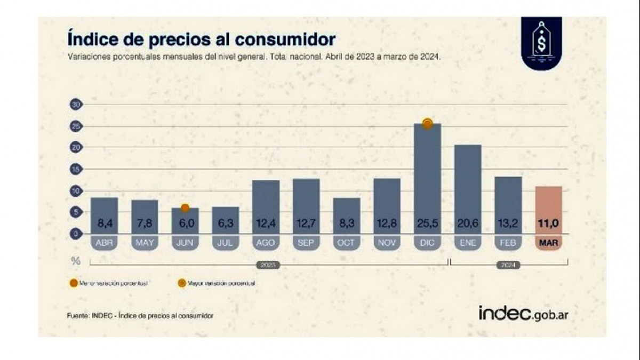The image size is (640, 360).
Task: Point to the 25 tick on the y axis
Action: [75, 126]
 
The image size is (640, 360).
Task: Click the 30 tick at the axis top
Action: [75, 105]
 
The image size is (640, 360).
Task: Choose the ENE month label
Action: [468, 243]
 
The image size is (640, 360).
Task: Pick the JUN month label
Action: [185, 243]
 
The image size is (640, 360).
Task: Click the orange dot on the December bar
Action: [427, 124]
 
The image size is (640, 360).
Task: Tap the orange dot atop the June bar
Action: [185, 208]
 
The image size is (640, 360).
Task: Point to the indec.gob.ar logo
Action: [523, 314]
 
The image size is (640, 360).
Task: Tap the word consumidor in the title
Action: [286, 39]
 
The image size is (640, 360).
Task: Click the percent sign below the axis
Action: [76, 261]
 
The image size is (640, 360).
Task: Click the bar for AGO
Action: [266, 203]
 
